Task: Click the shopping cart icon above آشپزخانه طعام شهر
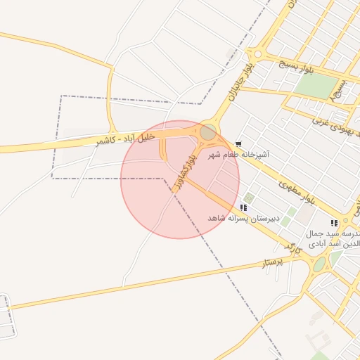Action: tap(239, 143)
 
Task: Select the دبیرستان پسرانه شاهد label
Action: tap(243, 219)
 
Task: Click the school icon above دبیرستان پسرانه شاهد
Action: tap(243, 208)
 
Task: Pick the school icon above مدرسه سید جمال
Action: tap(334, 223)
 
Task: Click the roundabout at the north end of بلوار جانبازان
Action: tap(257, 54)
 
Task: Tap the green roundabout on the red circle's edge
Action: tap(208, 132)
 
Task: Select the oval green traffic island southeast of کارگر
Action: tap(320, 264)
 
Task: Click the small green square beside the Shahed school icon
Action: tap(249, 198)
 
